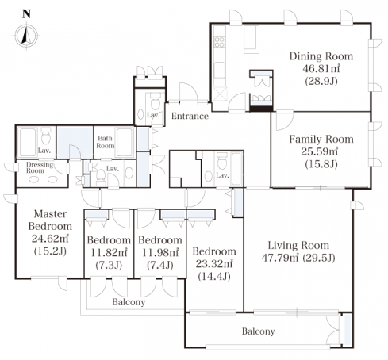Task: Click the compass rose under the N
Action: point(26,36)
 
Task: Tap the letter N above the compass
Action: point(26,13)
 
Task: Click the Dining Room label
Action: point(321,56)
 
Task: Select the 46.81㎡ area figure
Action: point(321,68)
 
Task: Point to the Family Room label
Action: point(321,139)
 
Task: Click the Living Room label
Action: point(298,245)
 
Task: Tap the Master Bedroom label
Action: point(50,220)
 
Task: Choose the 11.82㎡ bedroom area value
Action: point(109,252)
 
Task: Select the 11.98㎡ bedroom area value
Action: point(160,252)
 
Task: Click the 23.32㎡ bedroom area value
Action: point(214,263)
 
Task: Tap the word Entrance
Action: point(190,116)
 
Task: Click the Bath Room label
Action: point(106,142)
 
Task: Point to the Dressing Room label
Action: point(40,167)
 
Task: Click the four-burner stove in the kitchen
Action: point(220,42)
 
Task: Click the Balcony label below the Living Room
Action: point(258,331)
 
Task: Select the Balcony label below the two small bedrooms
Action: point(129,302)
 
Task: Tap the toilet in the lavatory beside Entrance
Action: point(156,101)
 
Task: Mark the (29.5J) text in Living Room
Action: point(319,258)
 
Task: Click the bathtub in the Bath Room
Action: point(125,143)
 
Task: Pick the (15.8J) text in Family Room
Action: point(321,164)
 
